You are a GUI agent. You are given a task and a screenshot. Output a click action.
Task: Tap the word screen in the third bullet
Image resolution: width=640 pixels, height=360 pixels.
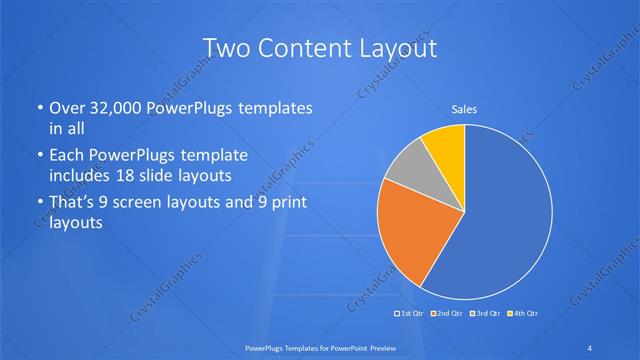tap(151, 205)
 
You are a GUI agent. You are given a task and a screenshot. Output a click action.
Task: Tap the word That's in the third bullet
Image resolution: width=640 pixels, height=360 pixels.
tap(73, 205)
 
